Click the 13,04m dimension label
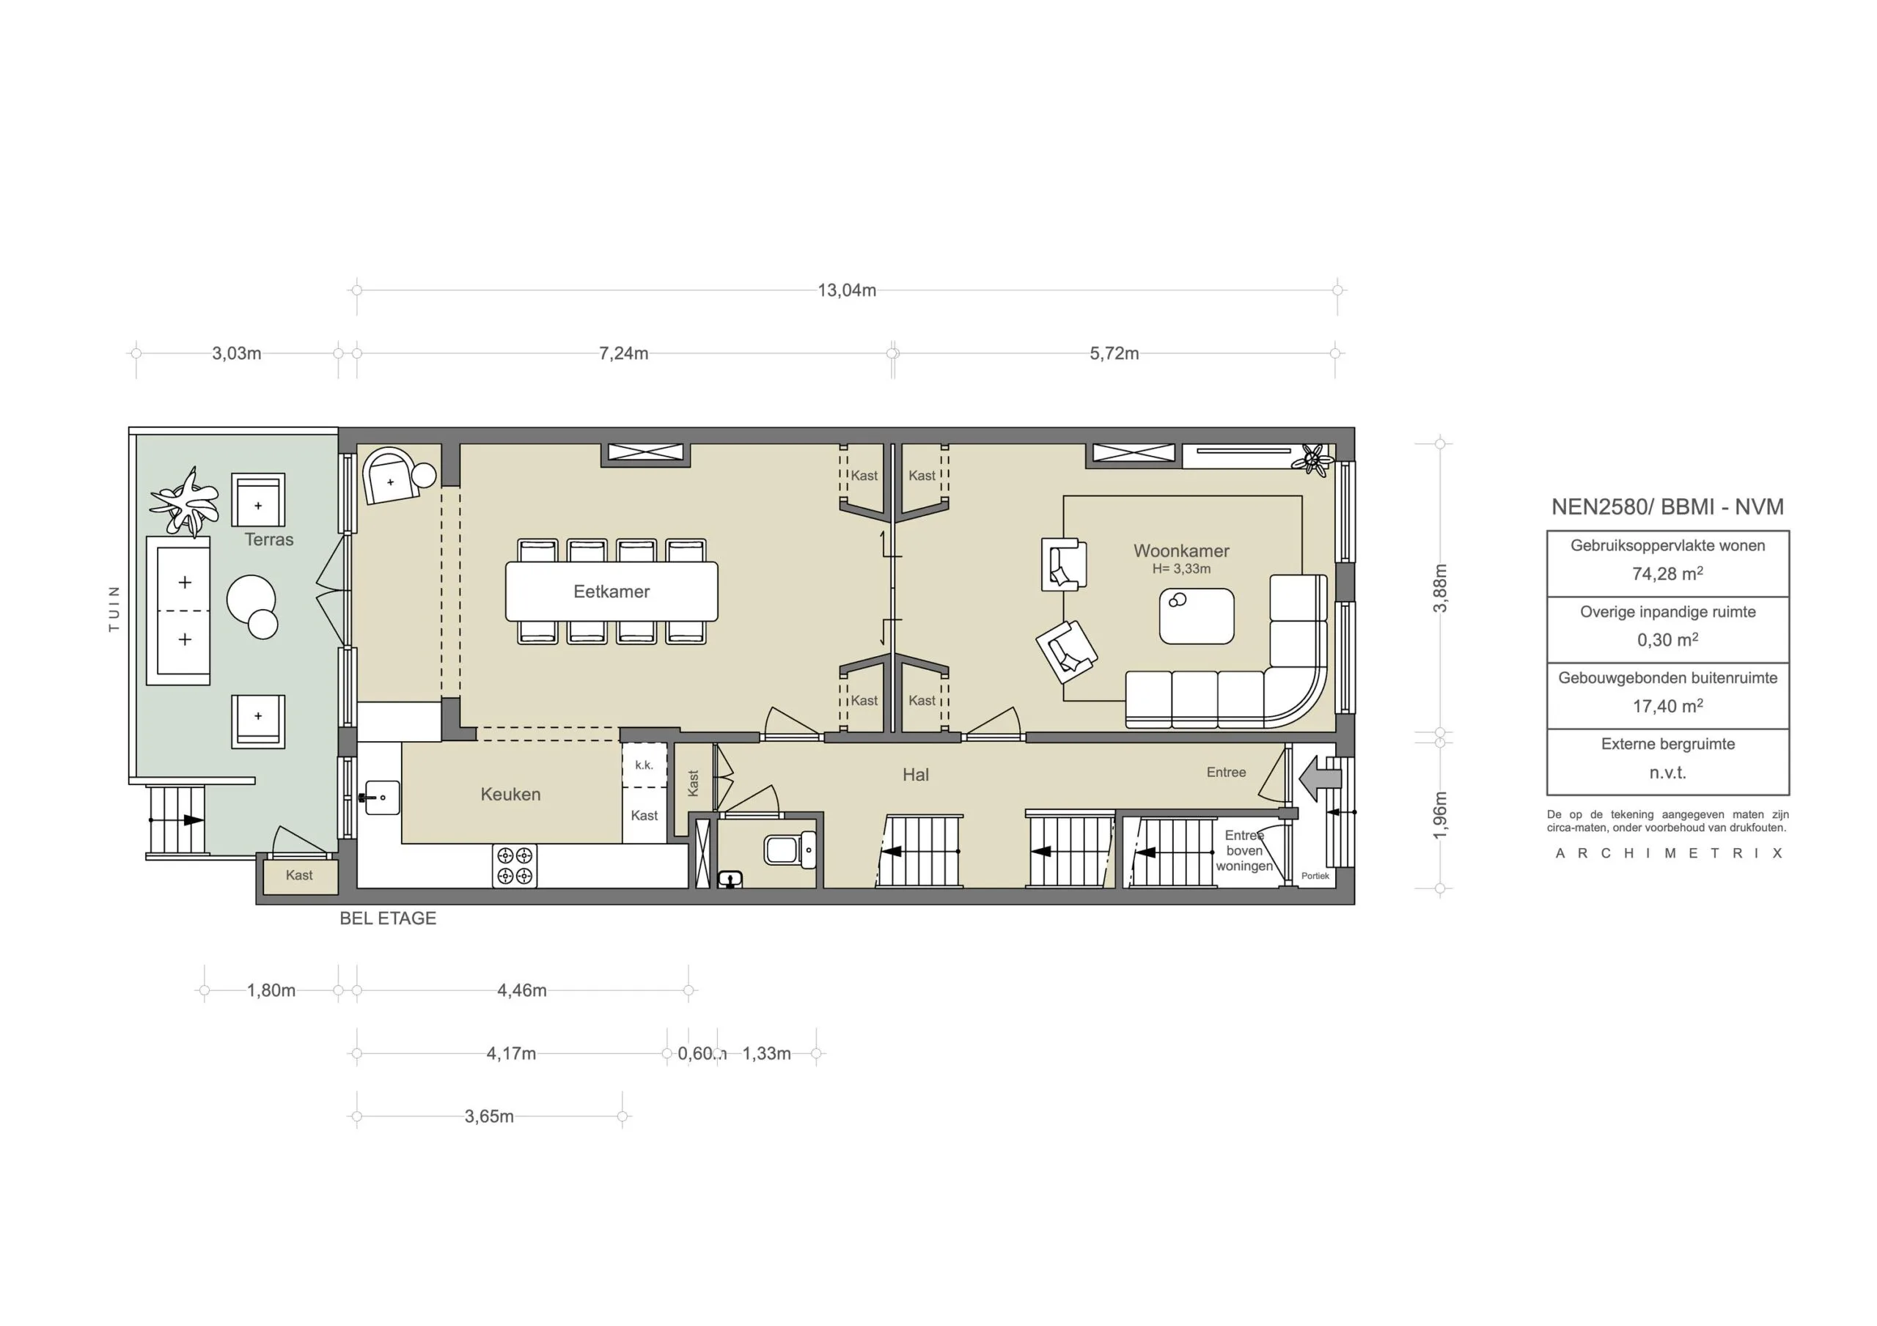(x=846, y=290)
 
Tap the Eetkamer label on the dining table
(x=611, y=591)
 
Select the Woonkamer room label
(x=1180, y=551)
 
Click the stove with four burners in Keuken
(x=514, y=866)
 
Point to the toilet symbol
(x=790, y=850)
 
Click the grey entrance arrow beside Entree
(x=1318, y=778)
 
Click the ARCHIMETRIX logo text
(x=1668, y=853)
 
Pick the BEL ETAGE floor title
(x=388, y=918)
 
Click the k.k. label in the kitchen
(x=644, y=765)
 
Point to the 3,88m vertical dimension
(x=1441, y=588)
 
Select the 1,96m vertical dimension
(x=1441, y=814)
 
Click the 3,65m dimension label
(x=489, y=1116)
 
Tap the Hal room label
(x=915, y=775)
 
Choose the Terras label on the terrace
(x=268, y=539)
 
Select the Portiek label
(x=1315, y=875)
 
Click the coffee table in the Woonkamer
(x=1196, y=616)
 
